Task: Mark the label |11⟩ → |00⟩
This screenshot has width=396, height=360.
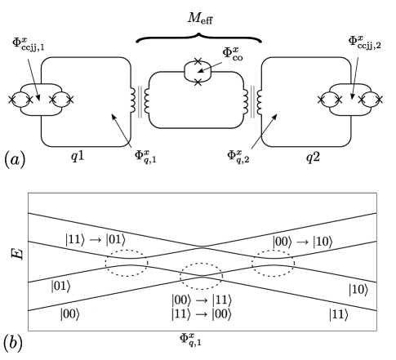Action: (x=199, y=313)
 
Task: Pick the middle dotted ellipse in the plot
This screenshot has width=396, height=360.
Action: (x=201, y=275)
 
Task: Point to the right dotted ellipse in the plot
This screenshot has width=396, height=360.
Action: (x=276, y=263)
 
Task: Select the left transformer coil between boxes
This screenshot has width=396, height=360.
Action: (x=140, y=102)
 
